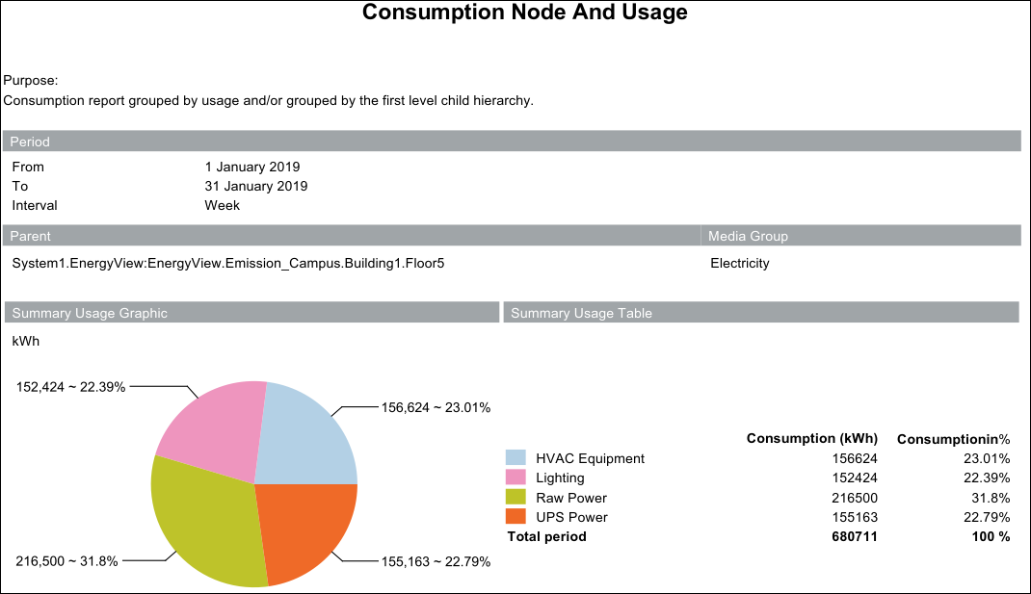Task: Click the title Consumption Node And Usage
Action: tap(524, 13)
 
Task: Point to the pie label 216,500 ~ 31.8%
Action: tap(66, 561)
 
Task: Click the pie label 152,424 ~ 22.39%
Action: tap(70, 386)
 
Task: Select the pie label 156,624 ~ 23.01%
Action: tap(436, 407)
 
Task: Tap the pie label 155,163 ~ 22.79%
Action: tap(436, 561)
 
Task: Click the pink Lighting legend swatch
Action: tap(516, 478)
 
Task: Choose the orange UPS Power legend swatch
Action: tap(516, 517)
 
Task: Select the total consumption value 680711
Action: tap(855, 536)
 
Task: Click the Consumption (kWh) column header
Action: tap(811, 439)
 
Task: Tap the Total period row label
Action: tap(546, 536)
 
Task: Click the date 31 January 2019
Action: tap(256, 186)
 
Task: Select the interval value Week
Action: tap(222, 205)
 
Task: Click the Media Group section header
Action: tap(748, 236)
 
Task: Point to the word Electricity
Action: tap(739, 263)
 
